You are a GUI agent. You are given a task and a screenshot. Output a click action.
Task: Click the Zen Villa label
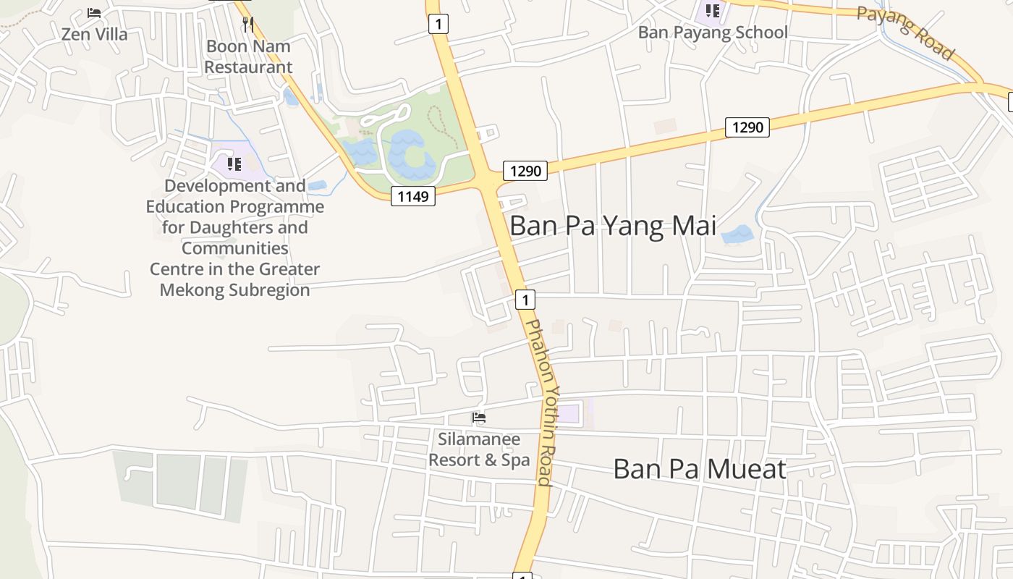coord(94,34)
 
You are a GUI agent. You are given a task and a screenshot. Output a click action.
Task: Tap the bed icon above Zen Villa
coord(94,13)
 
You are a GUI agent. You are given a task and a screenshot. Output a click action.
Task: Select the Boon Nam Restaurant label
coord(248,56)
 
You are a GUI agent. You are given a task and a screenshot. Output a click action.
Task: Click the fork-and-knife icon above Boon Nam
coord(248,25)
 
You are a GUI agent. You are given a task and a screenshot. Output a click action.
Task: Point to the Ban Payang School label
coord(713,33)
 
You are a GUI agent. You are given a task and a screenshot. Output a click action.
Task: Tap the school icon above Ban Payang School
coord(713,11)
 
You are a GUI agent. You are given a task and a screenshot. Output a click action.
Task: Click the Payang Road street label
coord(906,33)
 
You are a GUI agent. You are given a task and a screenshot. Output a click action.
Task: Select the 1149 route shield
coord(413,195)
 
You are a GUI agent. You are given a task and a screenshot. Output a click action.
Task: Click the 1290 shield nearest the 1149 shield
coord(525,171)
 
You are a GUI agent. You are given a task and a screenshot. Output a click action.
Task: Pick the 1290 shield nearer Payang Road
coord(747,127)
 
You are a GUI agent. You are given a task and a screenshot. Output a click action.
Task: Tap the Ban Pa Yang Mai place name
coord(613,226)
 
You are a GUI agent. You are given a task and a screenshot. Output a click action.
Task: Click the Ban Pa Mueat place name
coord(699,469)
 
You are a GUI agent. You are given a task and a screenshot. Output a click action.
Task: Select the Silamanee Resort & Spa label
coord(479,449)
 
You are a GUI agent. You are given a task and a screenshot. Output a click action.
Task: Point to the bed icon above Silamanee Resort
coord(478,418)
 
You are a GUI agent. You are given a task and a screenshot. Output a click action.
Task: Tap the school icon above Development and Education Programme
coord(234,164)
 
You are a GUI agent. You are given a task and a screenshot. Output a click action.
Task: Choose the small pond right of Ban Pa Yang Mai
coord(737,234)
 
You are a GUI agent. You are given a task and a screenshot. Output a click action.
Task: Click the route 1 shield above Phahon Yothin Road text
coord(525,299)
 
